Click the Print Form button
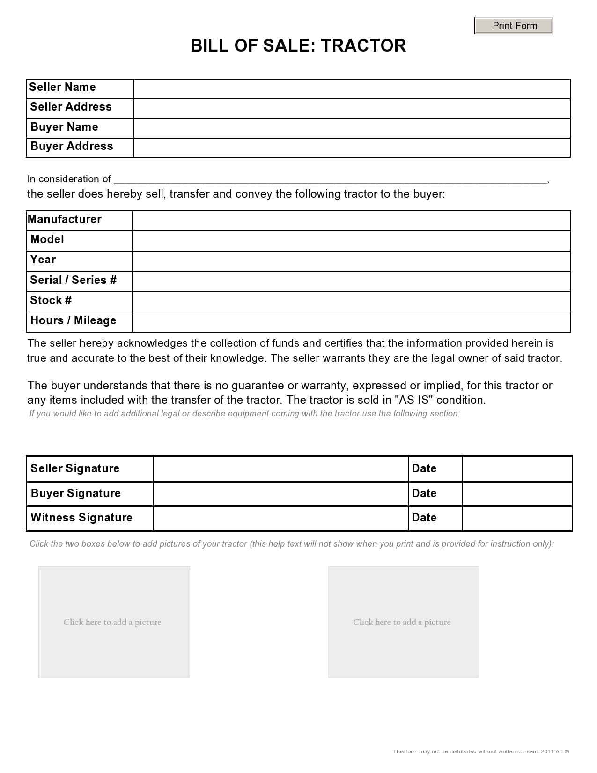[x=513, y=26]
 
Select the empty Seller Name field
[x=352, y=89]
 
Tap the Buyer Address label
[x=72, y=146]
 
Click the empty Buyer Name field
[x=352, y=128]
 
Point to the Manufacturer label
[x=65, y=219]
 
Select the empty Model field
[x=351, y=241]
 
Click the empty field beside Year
[x=351, y=261]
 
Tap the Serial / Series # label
[x=73, y=280]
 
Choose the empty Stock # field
[x=351, y=302]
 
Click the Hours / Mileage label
[x=73, y=320]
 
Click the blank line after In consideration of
[x=330, y=179]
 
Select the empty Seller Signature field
[x=280, y=469]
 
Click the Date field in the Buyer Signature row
[x=517, y=494]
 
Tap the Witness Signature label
[x=81, y=518]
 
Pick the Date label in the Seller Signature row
[x=424, y=468]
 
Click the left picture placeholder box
[x=114, y=622]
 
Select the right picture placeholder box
[x=404, y=622]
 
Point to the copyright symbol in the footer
[x=567, y=751]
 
